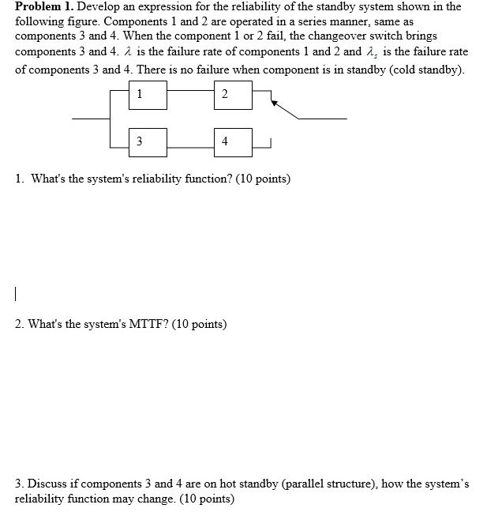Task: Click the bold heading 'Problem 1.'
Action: pos(44,6)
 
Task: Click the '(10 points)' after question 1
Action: pos(263,179)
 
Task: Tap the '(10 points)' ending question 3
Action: pos(208,499)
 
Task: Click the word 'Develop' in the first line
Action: pos(98,6)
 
